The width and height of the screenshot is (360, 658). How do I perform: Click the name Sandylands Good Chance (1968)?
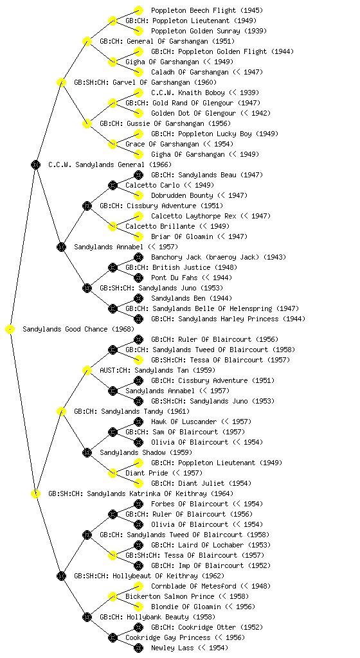tap(78, 329)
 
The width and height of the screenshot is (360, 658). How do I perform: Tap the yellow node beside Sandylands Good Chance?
tap(10, 329)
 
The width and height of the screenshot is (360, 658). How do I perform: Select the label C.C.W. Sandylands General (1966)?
tap(110, 164)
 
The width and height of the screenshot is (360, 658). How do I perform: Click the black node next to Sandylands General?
tap(35, 164)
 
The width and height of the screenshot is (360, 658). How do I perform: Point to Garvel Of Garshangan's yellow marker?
tap(61, 82)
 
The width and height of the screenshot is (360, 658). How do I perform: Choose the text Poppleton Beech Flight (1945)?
tap(207, 10)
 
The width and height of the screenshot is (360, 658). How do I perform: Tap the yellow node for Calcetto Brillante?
tap(113, 226)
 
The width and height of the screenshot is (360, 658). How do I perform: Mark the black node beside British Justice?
tap(113, 267)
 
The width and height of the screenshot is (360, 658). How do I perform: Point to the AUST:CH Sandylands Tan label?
tap(157, 370)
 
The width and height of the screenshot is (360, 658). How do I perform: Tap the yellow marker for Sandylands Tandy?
tap(61, 411)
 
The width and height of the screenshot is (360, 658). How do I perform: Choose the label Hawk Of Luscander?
tap(184, 422)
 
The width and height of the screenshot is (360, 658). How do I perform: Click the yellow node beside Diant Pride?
tap(113, 473)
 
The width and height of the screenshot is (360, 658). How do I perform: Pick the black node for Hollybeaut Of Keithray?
tap(61, 576)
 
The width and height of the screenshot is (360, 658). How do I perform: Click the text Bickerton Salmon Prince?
tap(170, 596)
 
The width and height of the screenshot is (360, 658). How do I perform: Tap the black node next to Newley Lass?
tap(138, 648)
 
